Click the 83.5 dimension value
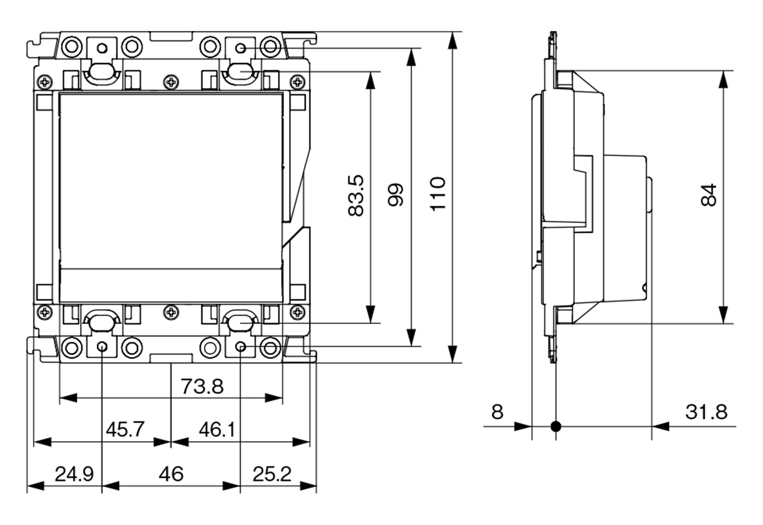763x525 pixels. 356,195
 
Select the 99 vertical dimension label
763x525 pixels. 396,194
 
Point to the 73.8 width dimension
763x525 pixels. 202,386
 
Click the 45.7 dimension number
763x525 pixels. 125,430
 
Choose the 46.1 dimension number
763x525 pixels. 217,430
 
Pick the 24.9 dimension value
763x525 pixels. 74,474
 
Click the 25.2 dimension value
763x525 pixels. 272,474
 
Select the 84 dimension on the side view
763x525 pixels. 709,194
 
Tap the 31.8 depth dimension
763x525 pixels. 706,412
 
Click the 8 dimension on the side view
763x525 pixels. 497,412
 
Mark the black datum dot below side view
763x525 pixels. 556,427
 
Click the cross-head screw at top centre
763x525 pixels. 171,82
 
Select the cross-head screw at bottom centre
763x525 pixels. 171,312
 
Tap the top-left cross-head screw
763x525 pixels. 45,82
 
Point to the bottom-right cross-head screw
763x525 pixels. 298,312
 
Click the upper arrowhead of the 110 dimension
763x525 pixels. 452,41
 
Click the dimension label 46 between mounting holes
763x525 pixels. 171,474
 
